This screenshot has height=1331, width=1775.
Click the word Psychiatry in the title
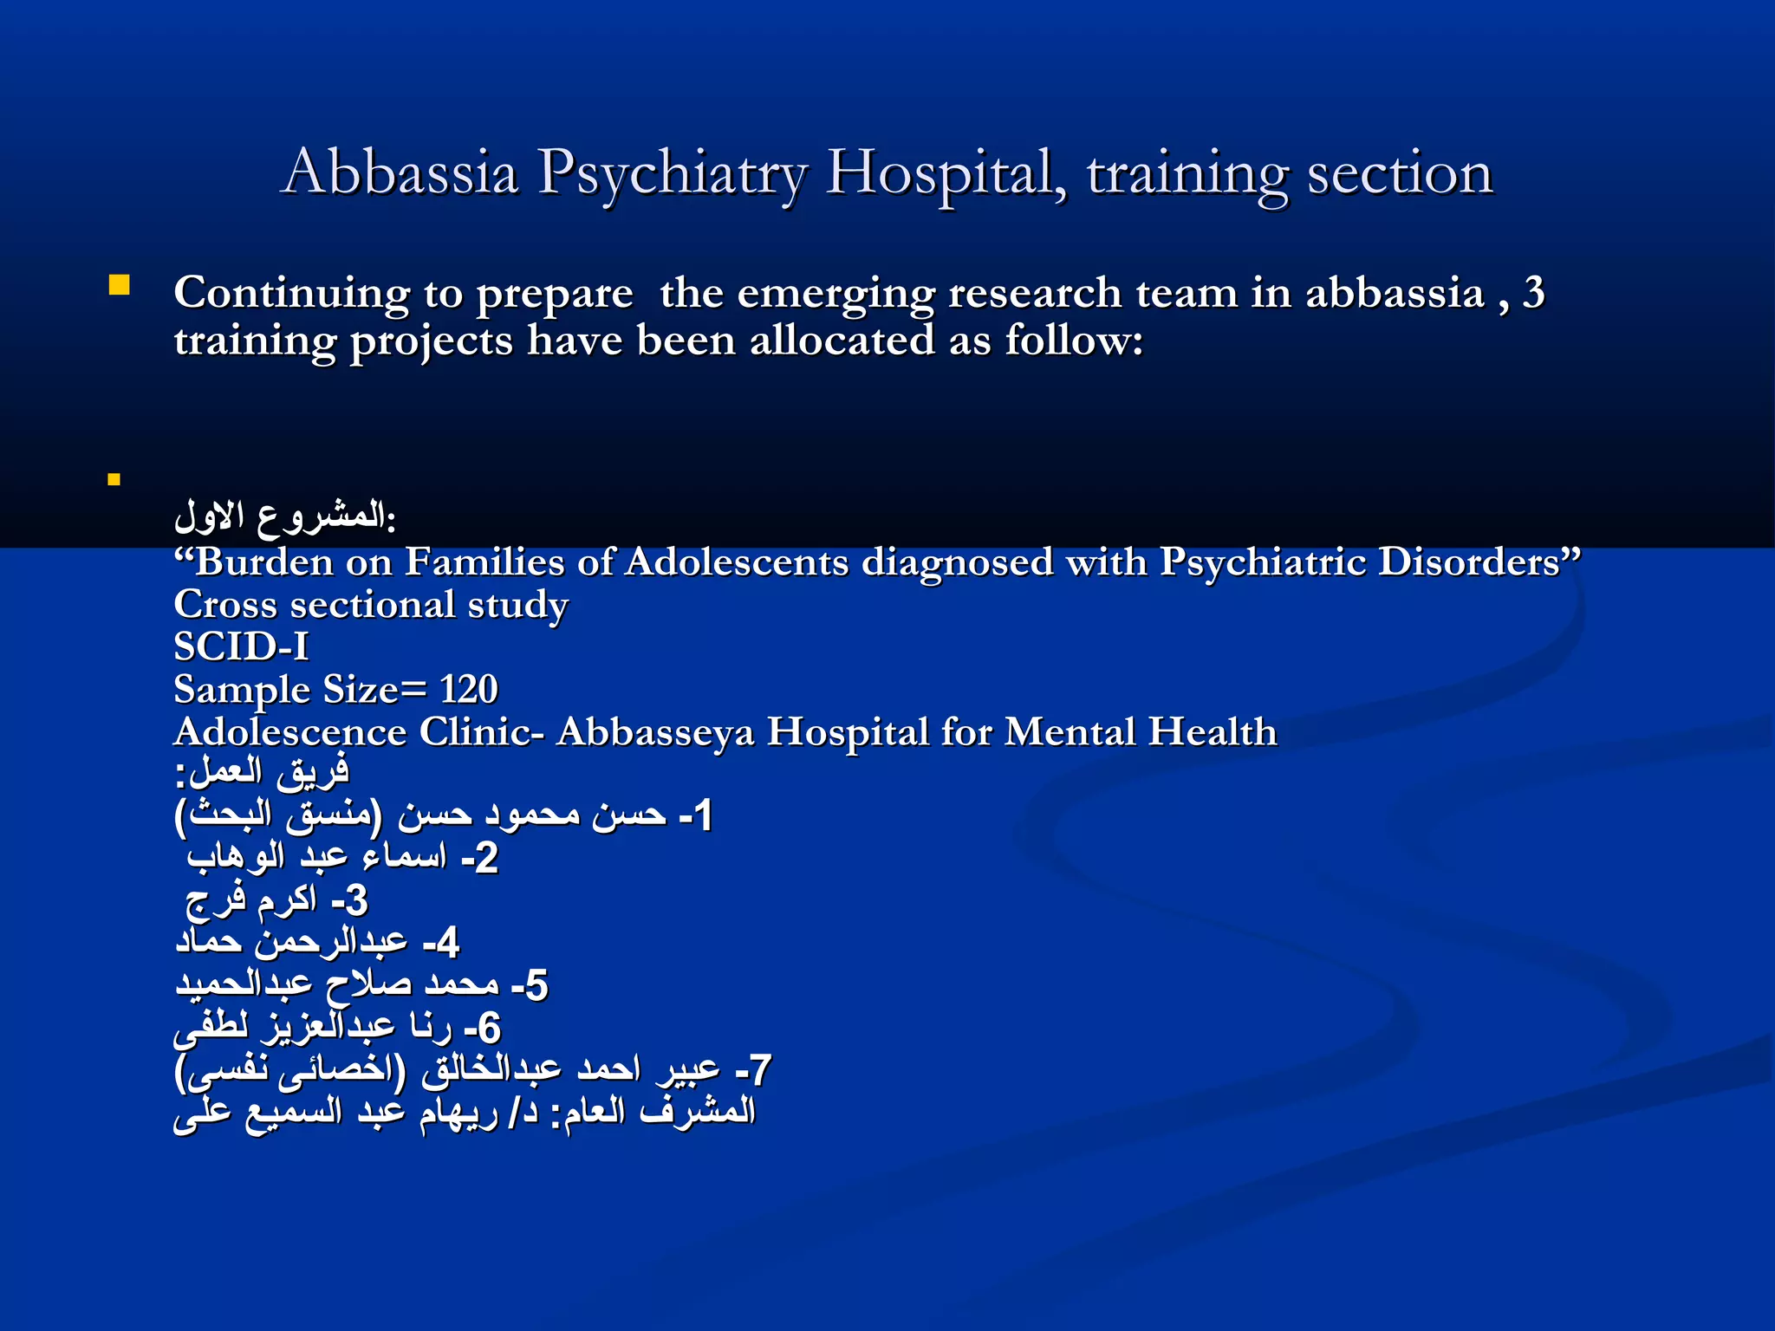pos(672,173)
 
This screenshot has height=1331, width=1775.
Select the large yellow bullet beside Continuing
pos(120,285)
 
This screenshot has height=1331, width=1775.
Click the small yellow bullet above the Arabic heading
pos(114,479)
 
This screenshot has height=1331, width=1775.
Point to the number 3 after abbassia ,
pos(1534,293)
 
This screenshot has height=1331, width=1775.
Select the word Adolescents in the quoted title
pos(736,562)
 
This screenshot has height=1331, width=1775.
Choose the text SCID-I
pos(241,646)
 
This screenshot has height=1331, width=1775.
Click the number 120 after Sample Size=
pos(468,690)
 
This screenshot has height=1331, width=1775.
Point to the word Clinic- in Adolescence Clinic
pos(482,732)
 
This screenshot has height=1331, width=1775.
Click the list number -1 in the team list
pos(696,815)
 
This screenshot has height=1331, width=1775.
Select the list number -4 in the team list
pos(441,943)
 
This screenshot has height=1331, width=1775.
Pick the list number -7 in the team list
pos(753,1070)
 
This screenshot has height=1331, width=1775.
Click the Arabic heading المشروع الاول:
pos(285,516)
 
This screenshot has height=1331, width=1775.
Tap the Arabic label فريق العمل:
pos(262,771)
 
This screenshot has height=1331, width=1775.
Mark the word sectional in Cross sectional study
pos(373,605)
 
